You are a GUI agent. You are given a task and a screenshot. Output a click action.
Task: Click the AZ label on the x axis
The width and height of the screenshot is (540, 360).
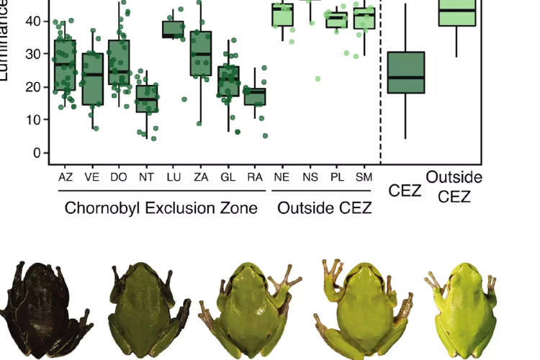tap(64, 176)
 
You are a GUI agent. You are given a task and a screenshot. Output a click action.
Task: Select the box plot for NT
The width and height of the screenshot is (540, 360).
tap(147, 99)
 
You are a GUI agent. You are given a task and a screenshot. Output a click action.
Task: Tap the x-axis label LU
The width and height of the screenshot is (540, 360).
tap(174, 176)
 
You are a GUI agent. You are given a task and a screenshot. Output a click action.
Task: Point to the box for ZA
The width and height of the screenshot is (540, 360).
tap(201, 53)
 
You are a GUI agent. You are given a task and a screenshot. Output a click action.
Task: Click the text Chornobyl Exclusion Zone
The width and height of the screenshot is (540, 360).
tap(161, 210)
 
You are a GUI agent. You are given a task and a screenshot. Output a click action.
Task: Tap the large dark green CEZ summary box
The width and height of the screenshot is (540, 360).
tap(405, 72)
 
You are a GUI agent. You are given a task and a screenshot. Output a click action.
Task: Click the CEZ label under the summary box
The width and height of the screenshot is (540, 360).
tap(405, 190)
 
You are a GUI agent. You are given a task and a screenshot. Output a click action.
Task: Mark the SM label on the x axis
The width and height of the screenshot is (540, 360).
tap(364, 176)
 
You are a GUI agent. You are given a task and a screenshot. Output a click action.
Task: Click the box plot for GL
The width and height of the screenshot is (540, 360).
tap(229, 81)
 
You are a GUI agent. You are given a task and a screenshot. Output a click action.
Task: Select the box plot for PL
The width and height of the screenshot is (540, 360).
tap(336, 20)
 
